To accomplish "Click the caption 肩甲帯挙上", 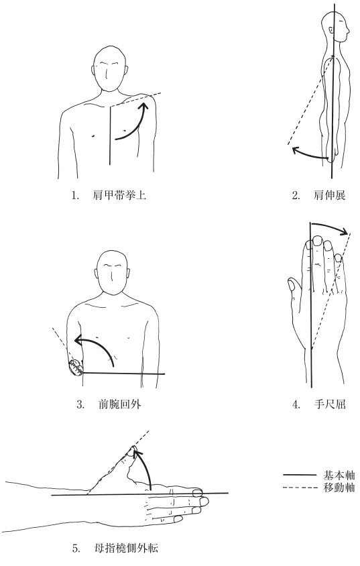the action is click(119, 196).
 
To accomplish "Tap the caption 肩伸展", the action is click(329, 196).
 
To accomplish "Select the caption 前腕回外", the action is click(119, 404).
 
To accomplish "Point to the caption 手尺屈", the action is click(330, 404).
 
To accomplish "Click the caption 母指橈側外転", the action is click(125, 549).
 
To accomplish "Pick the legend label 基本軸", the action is click(339, 475).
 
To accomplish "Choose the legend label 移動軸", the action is click(339, 488).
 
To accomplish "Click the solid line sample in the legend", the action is click(300, 475).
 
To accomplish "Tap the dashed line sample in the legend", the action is click(300, 488).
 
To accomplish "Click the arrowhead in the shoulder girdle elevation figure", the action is click(144, 106).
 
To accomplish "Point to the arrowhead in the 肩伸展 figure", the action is click(296, 150).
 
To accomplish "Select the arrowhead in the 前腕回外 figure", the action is click(79, 340).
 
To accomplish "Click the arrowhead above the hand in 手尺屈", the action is click(344, 231).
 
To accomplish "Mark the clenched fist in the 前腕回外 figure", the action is click(76, 367).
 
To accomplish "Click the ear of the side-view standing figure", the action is click(329, 30).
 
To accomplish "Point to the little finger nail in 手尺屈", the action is click(338, 258).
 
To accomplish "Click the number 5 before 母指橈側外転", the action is click(75, 549).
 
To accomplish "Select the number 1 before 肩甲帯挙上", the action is click(75, 196).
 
